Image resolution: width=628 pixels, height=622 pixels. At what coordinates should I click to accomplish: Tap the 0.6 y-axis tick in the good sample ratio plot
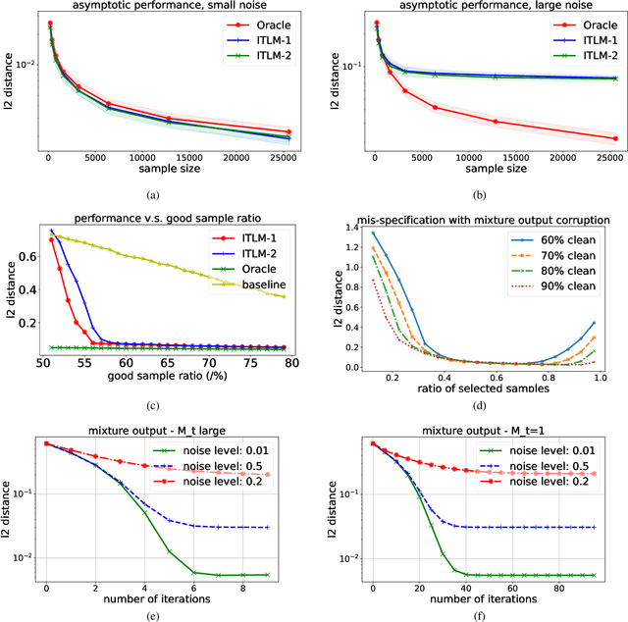(27, 255)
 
